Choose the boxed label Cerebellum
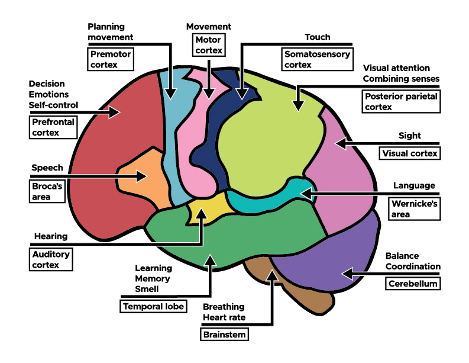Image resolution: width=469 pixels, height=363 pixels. pyautogui.click(x=413, y=284)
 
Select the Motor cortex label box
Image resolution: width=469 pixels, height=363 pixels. pyautogui.click(x=209, y=45)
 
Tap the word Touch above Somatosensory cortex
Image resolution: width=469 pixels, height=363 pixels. pyautogui.click(x=317, y=37)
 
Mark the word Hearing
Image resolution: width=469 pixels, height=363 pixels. pyautogui.click(x=51, y=236)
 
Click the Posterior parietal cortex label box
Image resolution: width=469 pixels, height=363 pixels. pyautogui.click(x=401, y=101)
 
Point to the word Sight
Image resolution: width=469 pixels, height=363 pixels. pyautogui.click(x=409, y=135)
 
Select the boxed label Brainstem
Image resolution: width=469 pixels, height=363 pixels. pyautogui.click(x=224, y=335)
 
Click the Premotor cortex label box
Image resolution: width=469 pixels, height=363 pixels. pyautogui.click(x=110, y=60)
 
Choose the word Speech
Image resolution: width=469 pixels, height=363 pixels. pyautogui.click(x=47, y=168)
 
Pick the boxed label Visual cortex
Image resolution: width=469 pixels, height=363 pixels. pyautogui.click(x=409, y=153)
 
